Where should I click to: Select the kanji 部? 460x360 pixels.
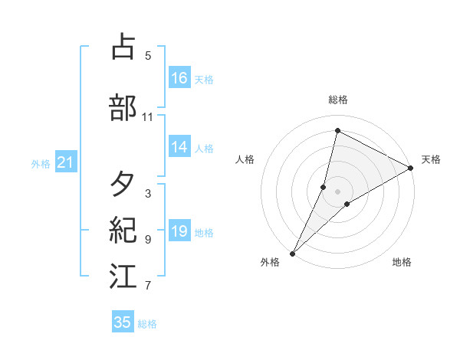(124, 108)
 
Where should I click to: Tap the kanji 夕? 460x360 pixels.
(124, 185)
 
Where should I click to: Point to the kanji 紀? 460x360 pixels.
(124, 231)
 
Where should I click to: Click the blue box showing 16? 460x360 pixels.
(179, 78)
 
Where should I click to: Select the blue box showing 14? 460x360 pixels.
(179, 148)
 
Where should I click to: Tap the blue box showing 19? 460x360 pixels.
(179, 231)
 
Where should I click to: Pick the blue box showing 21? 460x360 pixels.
(65, 162)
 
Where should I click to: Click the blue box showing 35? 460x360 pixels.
(123, 322)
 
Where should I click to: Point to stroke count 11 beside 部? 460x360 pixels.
(148, 117)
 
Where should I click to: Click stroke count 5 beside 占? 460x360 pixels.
(148, 55)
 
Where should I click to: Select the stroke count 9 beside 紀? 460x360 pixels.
(148, 240)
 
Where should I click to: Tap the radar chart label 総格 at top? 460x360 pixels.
(338, 100)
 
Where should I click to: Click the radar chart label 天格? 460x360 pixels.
(431, 159)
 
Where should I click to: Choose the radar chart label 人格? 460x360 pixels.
(245, 159)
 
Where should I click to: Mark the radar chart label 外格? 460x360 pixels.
(270, 262)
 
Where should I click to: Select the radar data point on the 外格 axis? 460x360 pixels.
(292, 253)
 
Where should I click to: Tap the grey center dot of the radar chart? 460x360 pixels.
(338, 191)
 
